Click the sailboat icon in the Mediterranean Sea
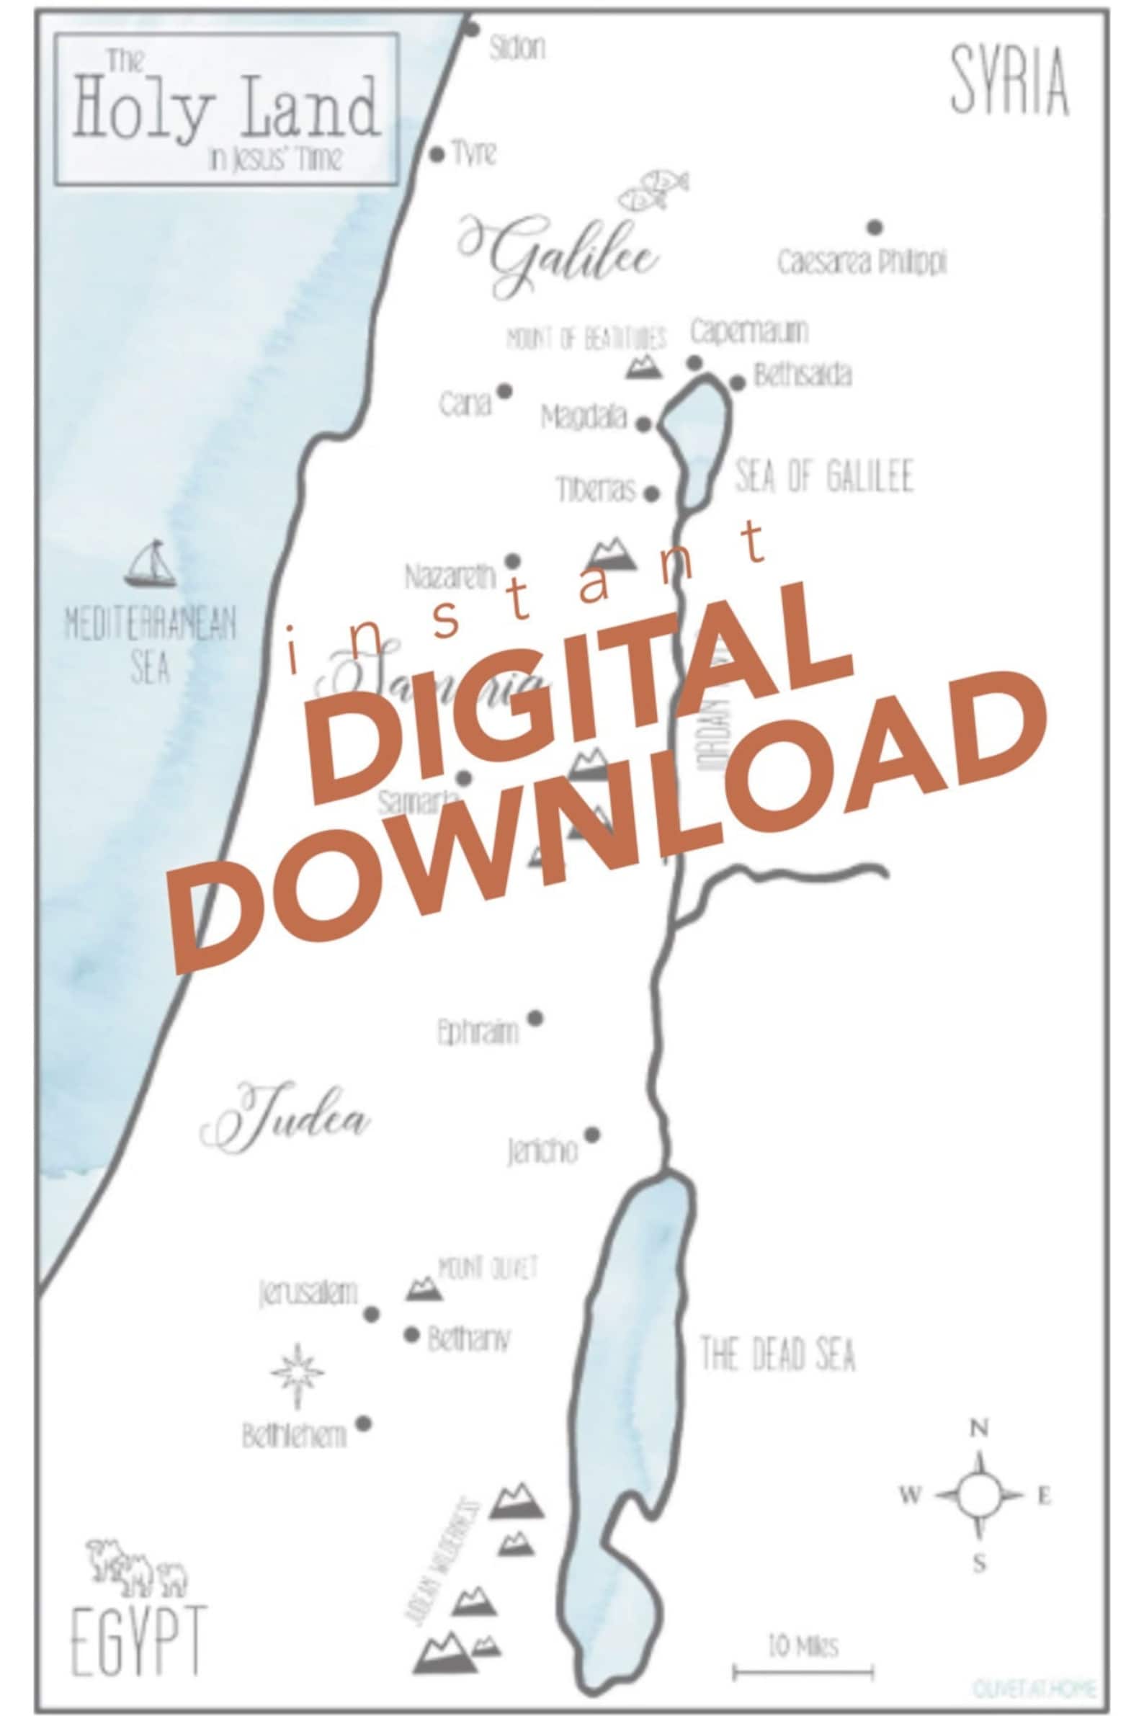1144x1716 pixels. pos(151,566)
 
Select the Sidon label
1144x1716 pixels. pos(517,49)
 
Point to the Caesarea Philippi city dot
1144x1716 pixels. pos(875,228)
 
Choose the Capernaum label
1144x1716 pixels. pos(748,332)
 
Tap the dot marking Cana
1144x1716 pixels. pos(504,391)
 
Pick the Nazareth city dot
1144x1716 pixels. pos(513,561)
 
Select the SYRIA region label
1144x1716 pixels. pos(1010,81)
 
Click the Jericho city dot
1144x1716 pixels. pos(592,1135)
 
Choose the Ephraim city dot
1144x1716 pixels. pos(535,1018)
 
